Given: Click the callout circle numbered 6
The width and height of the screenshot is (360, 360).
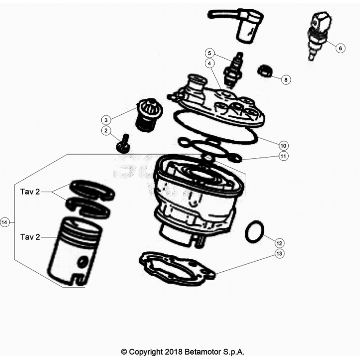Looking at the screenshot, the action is (340, 48).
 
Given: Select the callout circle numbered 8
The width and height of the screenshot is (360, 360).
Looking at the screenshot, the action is (286, 79).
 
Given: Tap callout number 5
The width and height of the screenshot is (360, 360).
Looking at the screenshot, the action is (209, 53).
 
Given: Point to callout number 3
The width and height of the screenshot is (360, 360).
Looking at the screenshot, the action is (106, 120).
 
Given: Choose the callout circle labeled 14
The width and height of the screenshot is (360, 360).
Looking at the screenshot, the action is (4, 222).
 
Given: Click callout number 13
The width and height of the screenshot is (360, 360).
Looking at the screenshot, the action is (279, 254).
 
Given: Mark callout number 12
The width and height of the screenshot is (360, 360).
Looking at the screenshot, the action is (279, 243).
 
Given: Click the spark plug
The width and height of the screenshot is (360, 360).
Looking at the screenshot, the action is (234, 70).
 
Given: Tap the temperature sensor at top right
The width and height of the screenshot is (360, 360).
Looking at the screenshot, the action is (320, 35).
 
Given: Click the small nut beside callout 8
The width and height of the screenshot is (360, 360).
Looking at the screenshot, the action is (265, 71).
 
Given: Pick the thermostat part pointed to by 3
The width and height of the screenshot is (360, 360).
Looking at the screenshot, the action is (149, 115).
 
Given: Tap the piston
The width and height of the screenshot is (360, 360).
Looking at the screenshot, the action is (75, 251).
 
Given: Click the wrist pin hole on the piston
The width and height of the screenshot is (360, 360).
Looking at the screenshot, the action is (83, 262).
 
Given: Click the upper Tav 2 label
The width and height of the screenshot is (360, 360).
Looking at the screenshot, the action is (30, 192).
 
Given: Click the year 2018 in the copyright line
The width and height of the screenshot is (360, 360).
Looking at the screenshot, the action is (173, 352).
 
